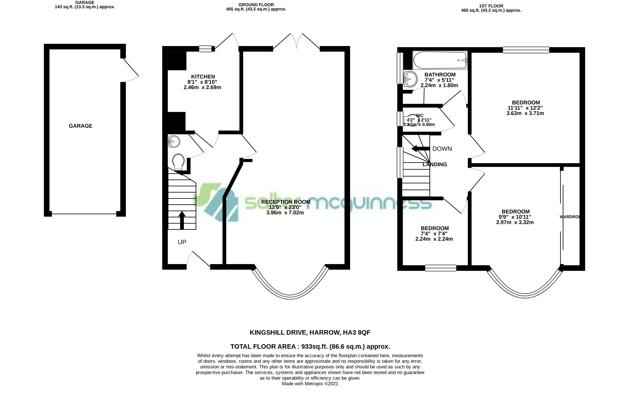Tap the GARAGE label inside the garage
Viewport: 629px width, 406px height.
click(80, 126)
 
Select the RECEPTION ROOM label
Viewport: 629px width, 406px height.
click(286, 202)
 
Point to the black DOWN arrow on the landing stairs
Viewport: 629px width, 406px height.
click(421, 149)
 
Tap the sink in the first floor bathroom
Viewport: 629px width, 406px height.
click(410, 79)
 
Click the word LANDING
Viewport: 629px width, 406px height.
click(435, 164)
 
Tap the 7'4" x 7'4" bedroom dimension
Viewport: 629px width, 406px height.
click(434, 234)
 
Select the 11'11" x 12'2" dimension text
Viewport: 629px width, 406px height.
click(525, 108)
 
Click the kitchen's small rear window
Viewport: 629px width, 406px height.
click(205, 49)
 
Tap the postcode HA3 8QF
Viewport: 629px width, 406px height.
click(356, 332)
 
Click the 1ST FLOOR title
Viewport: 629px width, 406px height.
click(491, 6)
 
